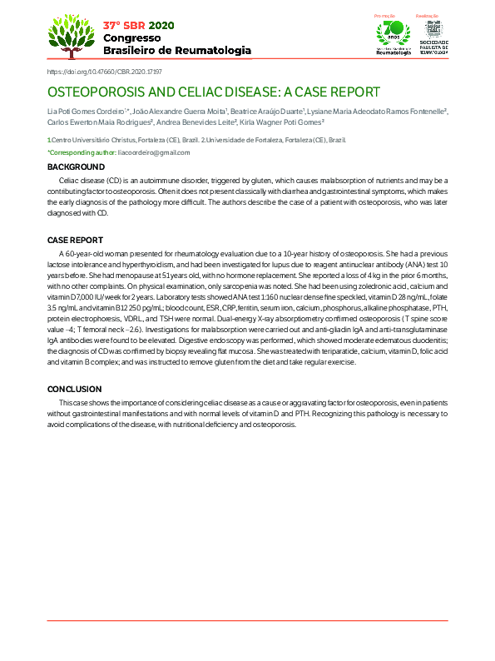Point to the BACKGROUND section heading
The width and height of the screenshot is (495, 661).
pos(76,168)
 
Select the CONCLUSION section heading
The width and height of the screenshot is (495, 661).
pos(74,390)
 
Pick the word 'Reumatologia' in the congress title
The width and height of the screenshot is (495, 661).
pos(212,50)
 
